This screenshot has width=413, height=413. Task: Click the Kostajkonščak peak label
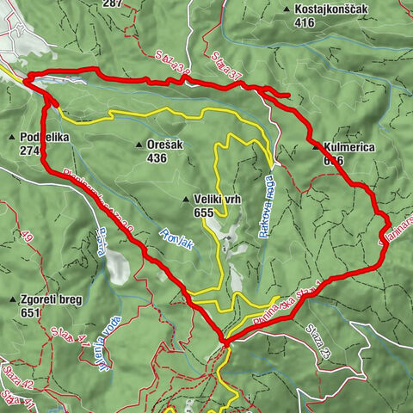(x=332, y=9)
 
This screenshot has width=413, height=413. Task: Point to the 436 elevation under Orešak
(x=157, y=158)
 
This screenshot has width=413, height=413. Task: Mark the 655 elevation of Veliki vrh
(x=204, y=213)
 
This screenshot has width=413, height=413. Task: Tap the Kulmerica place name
(x=348, y=147)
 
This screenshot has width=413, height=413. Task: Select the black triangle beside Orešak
(x=138, y=145)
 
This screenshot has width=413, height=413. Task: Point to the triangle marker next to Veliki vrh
(x=185, y=200)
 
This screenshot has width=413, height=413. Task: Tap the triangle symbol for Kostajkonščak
(x=286, y=9)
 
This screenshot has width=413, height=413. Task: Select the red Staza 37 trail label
(x=225, y=70)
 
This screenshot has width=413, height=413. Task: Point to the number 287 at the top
(x=135, y=3)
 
